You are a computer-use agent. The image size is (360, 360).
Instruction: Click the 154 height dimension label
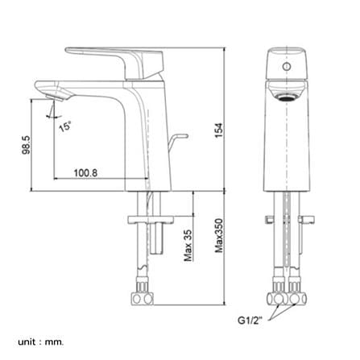point(219,130)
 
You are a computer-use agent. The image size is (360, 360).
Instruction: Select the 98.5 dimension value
point(26,145)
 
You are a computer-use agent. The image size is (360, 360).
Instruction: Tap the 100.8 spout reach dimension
point(85,173)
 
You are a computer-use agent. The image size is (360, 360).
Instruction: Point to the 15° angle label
point(65,126)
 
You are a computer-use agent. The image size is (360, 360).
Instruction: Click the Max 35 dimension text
point(188,246)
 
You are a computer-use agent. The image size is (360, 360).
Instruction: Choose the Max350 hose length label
point(219,236)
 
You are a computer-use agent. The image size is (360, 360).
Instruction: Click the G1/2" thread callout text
point(250,321)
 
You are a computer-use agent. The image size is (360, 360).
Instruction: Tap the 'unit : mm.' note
point(41,342)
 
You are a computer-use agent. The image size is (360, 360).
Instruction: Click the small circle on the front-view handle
point(287,66)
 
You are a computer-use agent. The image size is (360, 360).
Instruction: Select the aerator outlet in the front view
point(287,97)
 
